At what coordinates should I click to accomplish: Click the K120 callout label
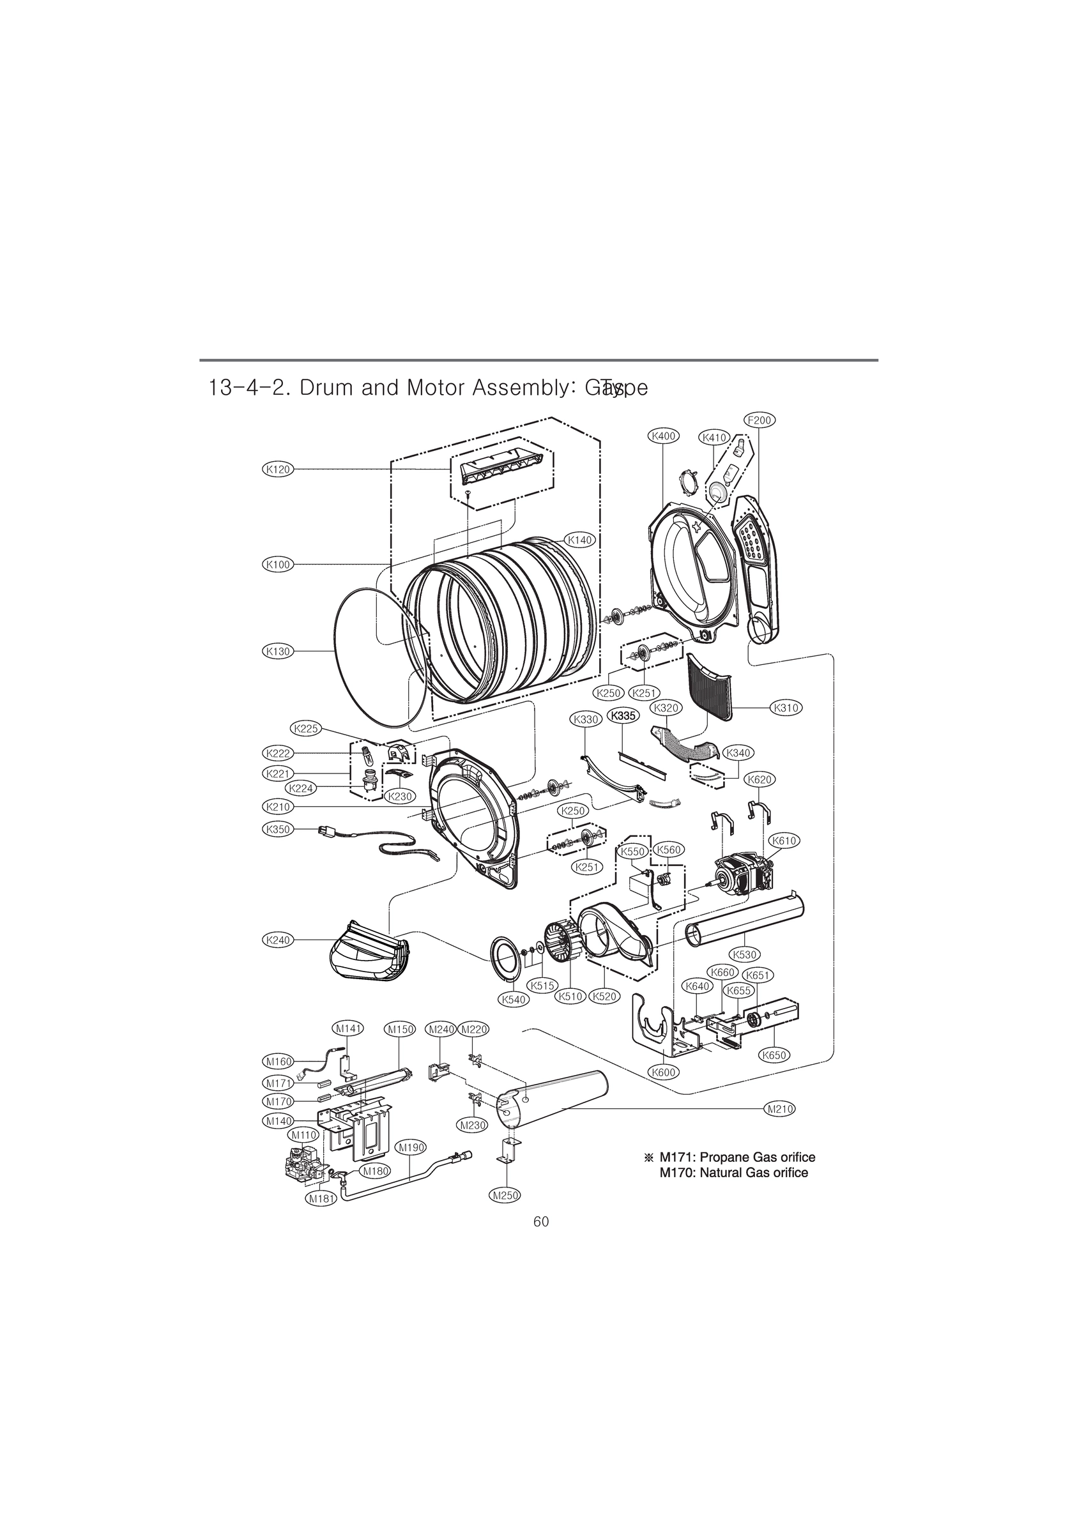click(x=277, y=469)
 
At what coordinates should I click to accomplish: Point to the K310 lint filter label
click(x=786, y=708)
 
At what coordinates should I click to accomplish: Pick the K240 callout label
click(x=277, y=940)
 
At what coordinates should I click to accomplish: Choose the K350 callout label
click(x=277, y=829)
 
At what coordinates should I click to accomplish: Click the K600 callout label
click(x=663, y=1072)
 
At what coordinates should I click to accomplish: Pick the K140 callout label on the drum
click(x=580, y=540)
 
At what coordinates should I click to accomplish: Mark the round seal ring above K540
click(x=506, y=959)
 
